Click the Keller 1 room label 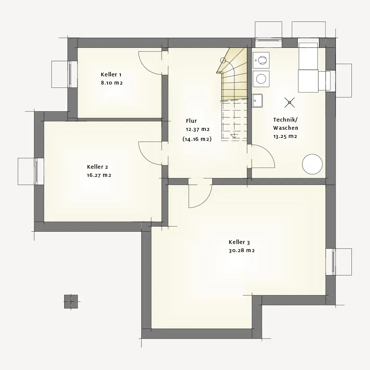(111, 75)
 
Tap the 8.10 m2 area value (112, 83)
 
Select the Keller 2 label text (98, 167)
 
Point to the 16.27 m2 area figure (99, 175)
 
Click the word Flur (191, 121)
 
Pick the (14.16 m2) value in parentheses (197, 139)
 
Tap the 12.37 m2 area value (198, 129)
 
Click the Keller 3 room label (239, 242)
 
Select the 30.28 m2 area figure (242, 251)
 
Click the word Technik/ (285, 120)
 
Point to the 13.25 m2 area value (285, 136)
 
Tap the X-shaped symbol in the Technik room (290, 102)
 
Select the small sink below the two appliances (257, 100)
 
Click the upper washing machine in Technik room (261, 60)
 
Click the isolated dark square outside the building (71, 301)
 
